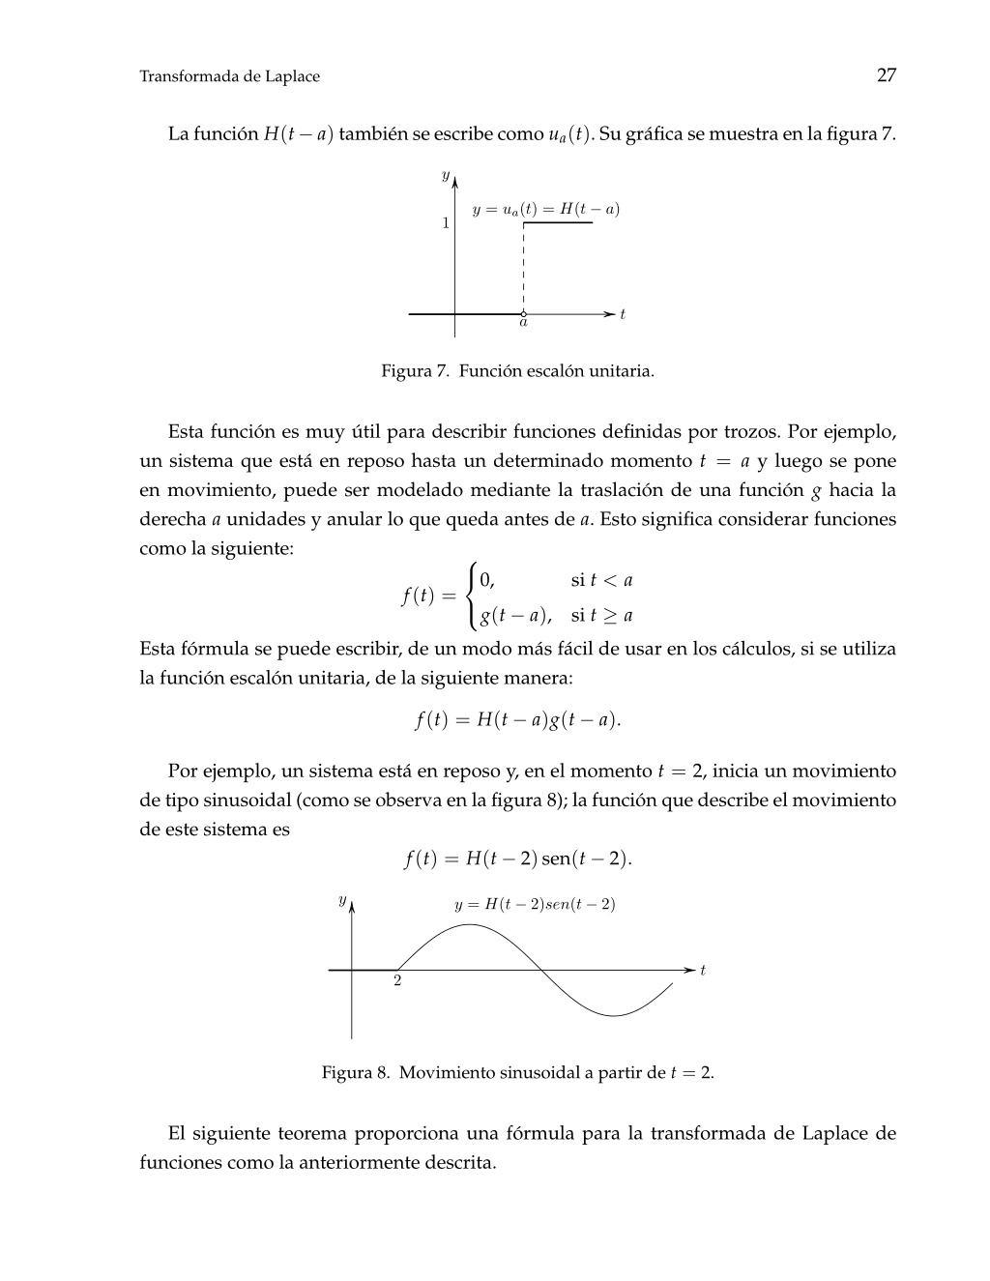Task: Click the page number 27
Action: point(886,75)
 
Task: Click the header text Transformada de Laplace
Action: point(229,76)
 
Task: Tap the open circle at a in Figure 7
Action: point(523,313)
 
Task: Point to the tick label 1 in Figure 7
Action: point(446,223)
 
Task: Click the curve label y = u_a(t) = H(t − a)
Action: point(545,209)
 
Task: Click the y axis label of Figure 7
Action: point(445,175)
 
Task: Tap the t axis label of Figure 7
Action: point(623,314)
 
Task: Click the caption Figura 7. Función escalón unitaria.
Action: point(517,371)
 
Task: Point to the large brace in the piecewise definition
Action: point(471,597)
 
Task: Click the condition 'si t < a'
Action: point(601,580)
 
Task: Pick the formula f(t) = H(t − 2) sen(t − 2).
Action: point(517,859)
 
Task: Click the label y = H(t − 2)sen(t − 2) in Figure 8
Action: point(535,905)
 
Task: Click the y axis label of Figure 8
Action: point(341,900)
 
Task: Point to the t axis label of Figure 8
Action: point(703,970)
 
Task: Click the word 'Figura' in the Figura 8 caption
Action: point(348,1072)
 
